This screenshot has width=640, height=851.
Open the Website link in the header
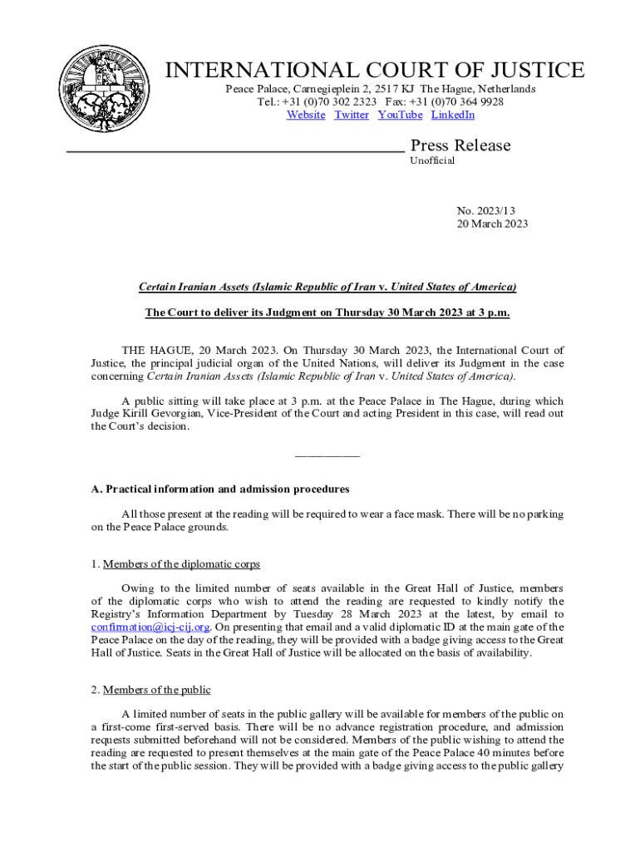point(306,116)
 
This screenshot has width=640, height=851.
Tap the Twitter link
point(352,116)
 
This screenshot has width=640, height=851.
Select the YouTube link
point(400,116)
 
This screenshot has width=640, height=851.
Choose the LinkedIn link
point(453,116)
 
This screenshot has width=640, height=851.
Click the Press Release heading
point(460,146)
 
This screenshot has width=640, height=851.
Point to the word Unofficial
point(432,161)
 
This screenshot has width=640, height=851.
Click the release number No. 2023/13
point(491,211)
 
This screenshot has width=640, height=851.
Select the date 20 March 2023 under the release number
point(493,224)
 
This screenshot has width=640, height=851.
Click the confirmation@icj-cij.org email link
point(150,627)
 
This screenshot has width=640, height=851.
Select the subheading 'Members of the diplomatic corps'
point(181,564)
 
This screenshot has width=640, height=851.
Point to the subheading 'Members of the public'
point(157,690)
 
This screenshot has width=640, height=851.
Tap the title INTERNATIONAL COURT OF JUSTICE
point(376,71)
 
